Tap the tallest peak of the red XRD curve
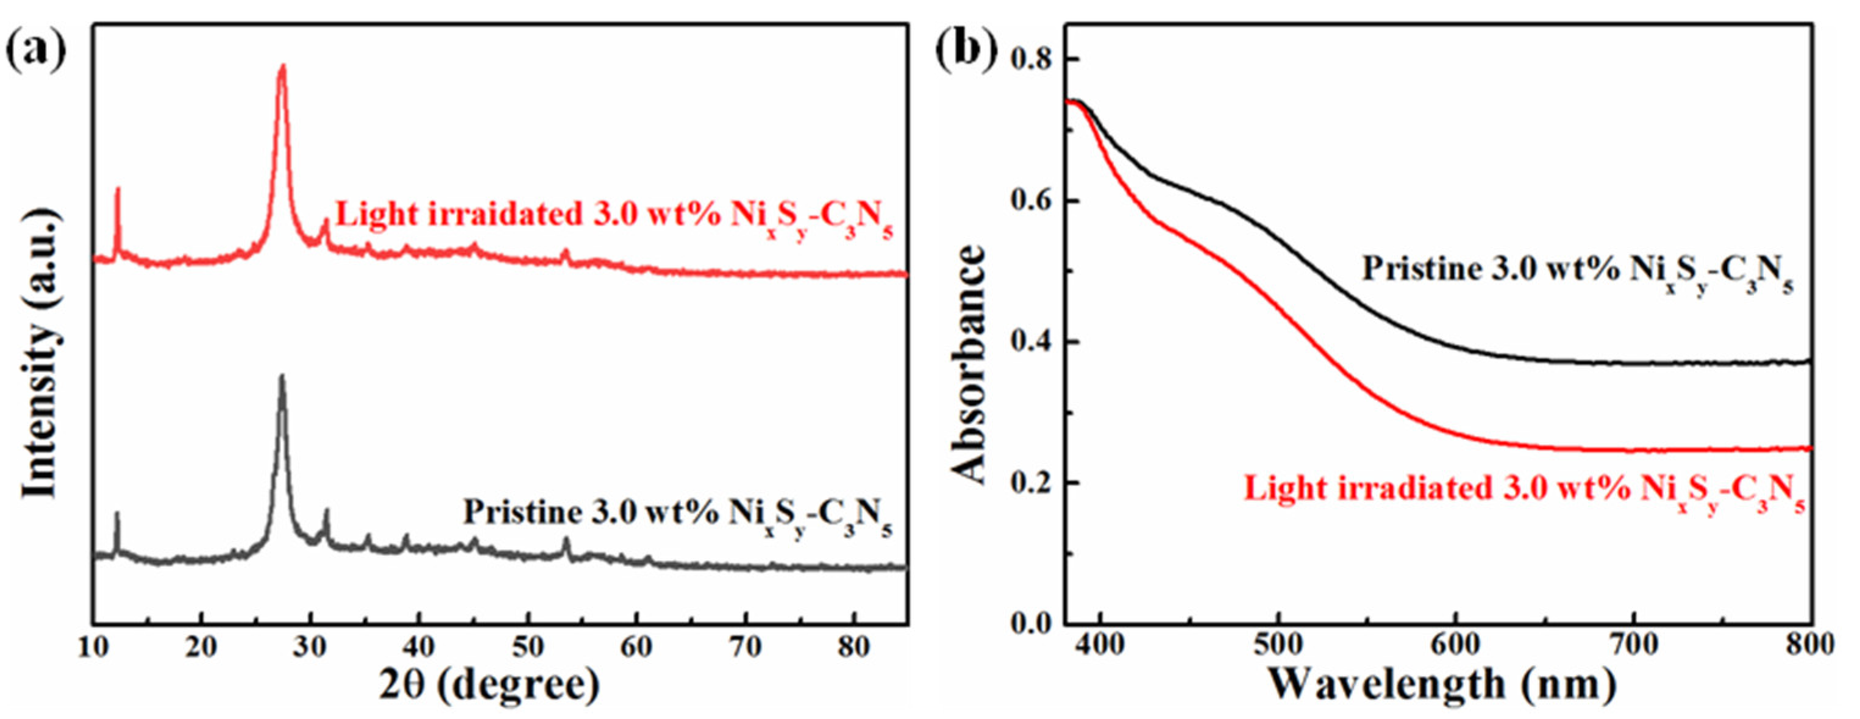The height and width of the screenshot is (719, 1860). pos(282,67)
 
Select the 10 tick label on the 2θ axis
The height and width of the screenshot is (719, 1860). pos(94,647)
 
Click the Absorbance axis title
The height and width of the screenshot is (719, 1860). pos(968,364)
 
